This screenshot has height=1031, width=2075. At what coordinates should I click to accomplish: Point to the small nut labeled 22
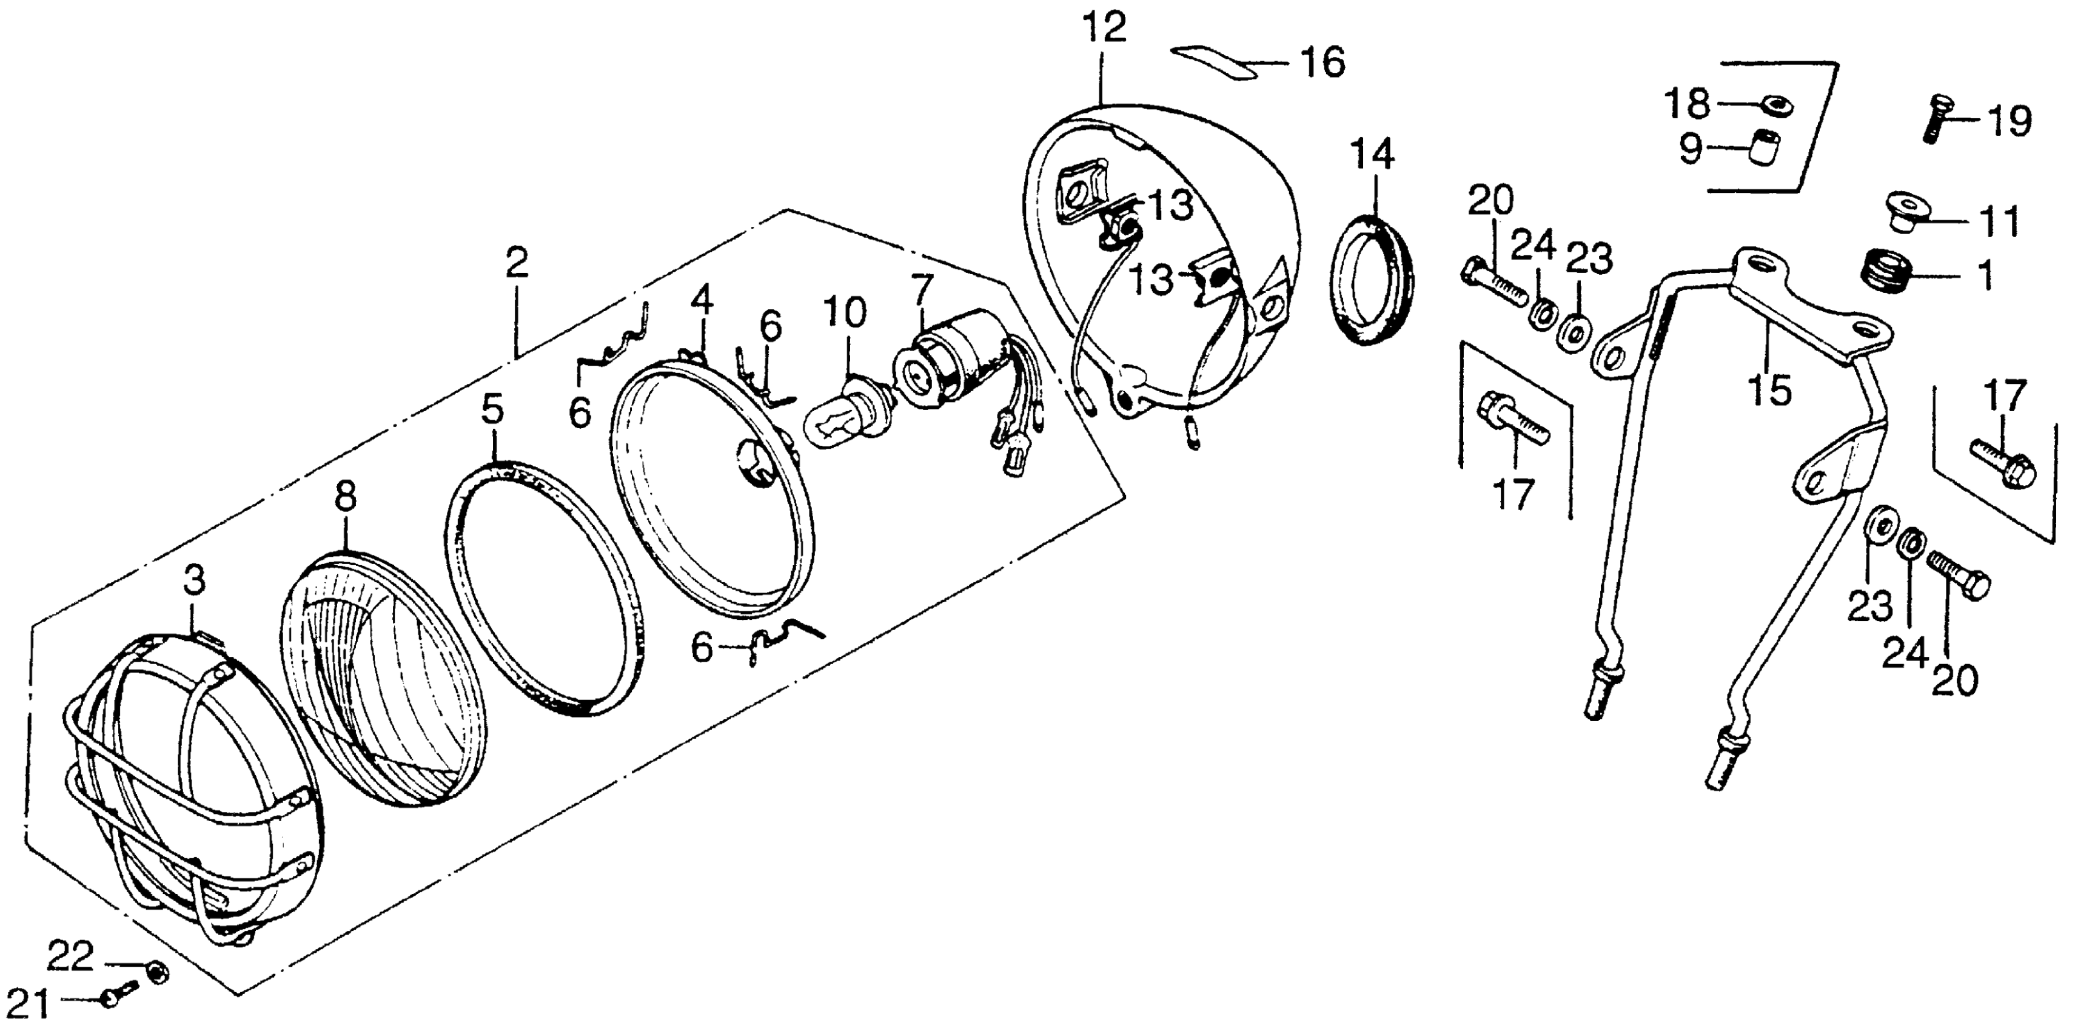click(x=159, y=973)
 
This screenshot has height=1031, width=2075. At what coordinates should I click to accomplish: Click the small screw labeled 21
click(x=113, y=999)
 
